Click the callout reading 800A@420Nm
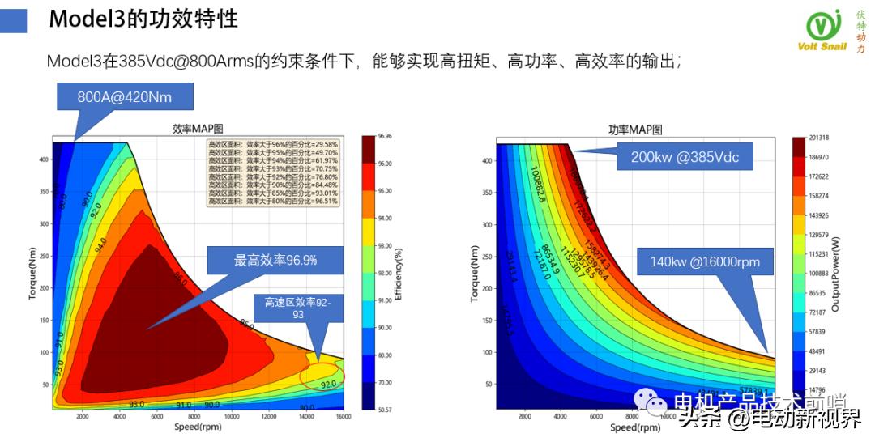point(124,98)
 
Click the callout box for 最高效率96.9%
point(275,260)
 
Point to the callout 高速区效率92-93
point(297,308)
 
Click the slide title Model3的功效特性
point(143,20)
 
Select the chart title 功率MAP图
point(635,130)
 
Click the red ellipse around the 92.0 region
point(322,376)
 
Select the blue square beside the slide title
point(15,21)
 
